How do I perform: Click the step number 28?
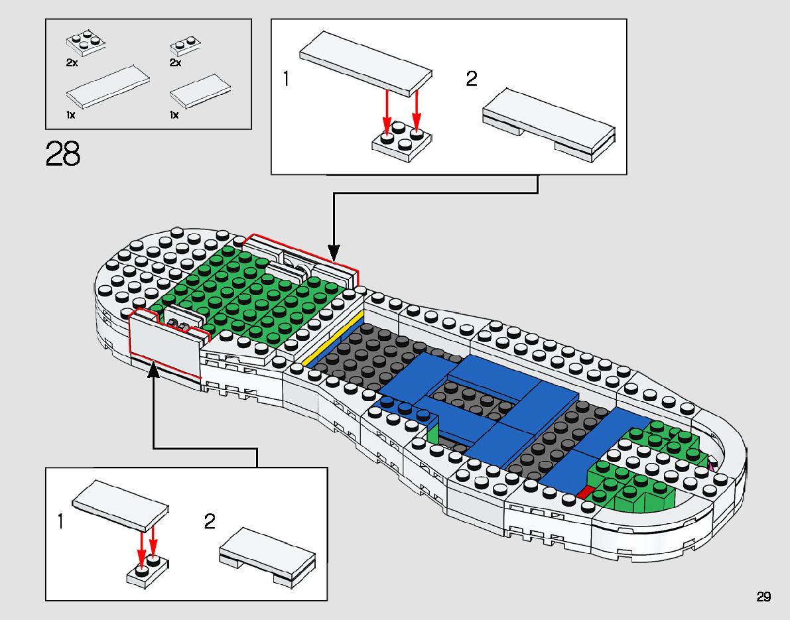coord(63,154)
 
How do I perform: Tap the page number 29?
coord(763,597)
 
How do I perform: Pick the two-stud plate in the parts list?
coord(186,46)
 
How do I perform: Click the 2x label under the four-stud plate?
coord(72,62)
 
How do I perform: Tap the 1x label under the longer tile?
coord(71,115)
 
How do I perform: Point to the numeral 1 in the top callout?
coord(286,80)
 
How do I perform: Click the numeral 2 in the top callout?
coord(472,80)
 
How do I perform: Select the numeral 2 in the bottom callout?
coord(210,522)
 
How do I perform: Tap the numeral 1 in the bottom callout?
coord(61,522)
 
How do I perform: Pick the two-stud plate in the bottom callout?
coord(147,571)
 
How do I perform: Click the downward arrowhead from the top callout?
coord(334,253)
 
